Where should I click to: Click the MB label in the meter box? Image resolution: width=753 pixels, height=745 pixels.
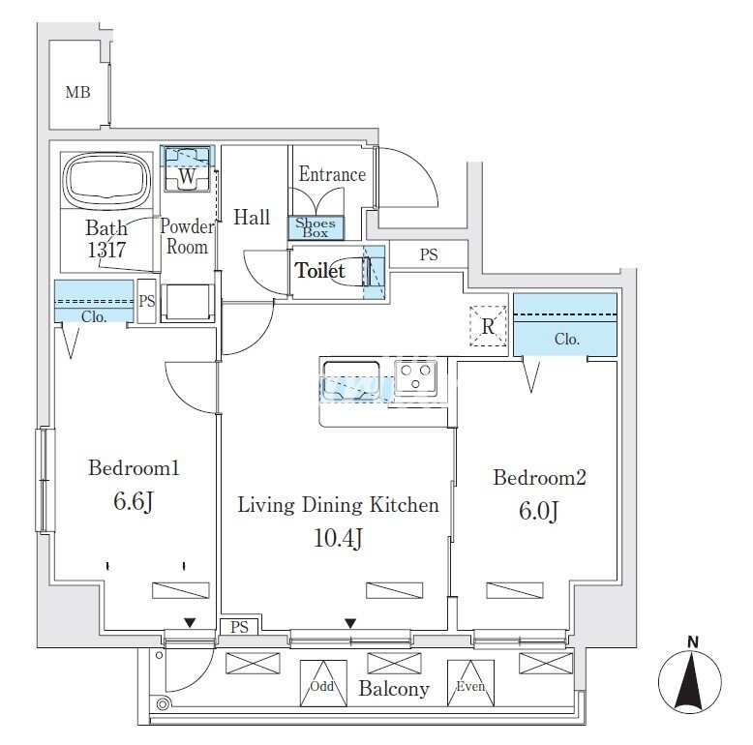point(77,93)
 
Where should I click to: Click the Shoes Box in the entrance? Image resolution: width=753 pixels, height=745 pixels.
point(316,227)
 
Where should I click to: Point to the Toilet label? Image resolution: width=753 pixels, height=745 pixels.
point(319,271)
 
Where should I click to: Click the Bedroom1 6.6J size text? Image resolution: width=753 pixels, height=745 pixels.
point(135,503)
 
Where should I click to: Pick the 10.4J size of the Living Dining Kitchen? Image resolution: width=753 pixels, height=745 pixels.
point(338,539)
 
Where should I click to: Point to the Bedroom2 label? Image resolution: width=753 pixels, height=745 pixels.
point(540,477)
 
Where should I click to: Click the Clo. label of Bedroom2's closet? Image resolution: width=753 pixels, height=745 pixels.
point(567,340)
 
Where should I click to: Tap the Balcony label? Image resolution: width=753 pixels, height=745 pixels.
point(394,689)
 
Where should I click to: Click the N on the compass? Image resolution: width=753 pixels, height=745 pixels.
point(693,641)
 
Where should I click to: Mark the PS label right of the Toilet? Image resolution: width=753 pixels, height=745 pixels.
point(429,255)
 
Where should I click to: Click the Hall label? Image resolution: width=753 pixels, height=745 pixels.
point(252,218)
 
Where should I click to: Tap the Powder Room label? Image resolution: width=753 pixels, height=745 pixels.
point(187,236)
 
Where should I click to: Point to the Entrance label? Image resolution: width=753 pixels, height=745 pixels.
point(332,174)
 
